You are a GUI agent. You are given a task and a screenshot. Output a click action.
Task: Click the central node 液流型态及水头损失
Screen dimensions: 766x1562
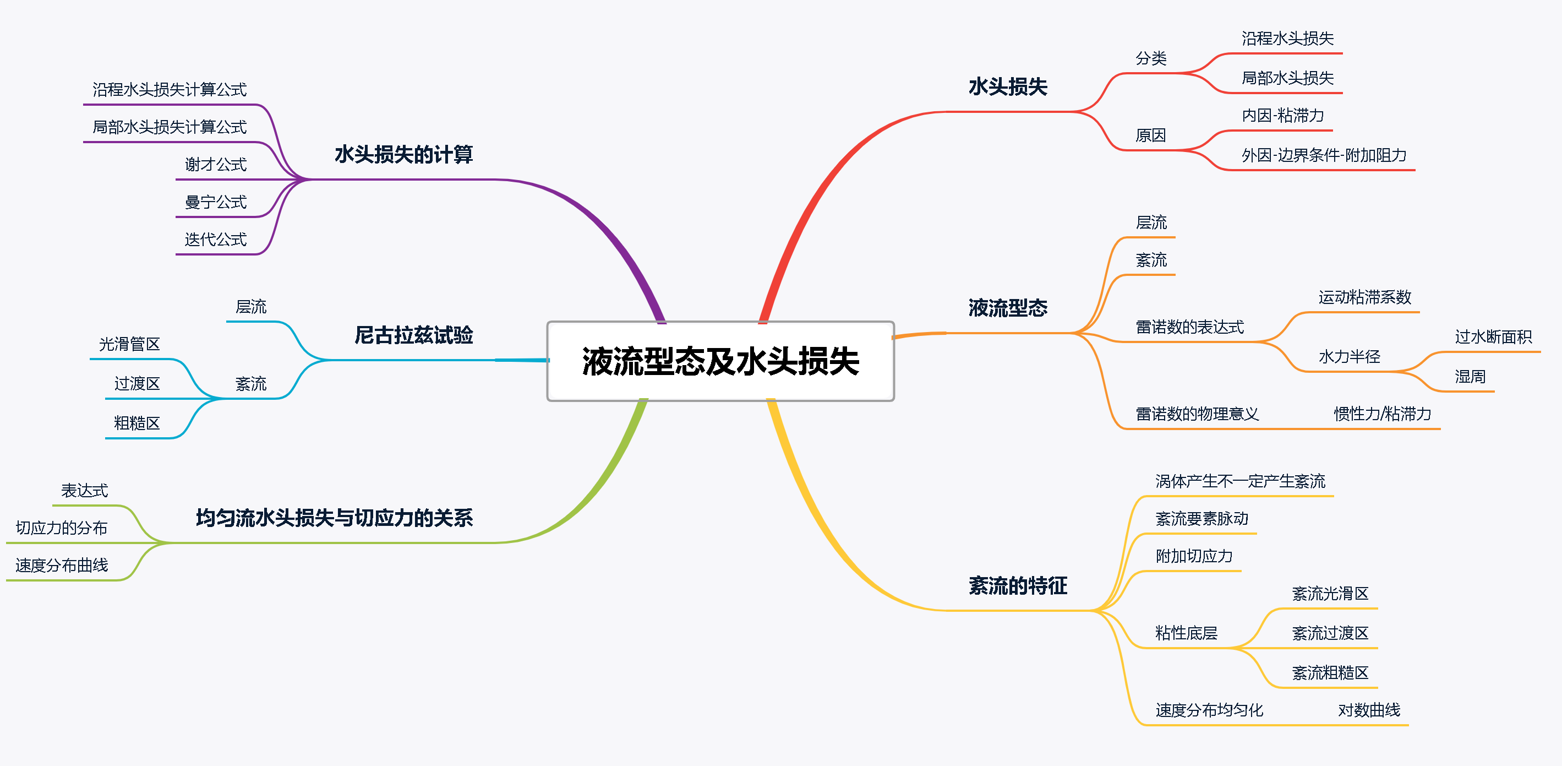click(x=720, y=361)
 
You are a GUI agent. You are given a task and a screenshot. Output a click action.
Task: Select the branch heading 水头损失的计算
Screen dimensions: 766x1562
click(x=403, y=155)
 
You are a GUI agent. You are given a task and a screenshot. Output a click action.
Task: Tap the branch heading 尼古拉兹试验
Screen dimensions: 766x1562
click(x=413, y=335)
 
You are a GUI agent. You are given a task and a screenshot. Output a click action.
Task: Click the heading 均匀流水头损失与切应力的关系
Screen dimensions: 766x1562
click(x=334, y=518)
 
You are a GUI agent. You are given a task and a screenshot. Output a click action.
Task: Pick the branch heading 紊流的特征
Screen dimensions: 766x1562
click(x=1018, y=586)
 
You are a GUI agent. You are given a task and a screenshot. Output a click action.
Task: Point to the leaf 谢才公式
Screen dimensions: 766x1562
click(x=215, y=164)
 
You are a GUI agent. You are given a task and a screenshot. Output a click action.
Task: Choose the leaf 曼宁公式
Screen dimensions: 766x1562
click(x=215, y=202)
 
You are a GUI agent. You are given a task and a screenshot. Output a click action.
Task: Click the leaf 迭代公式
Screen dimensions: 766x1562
click(x=215, y=240)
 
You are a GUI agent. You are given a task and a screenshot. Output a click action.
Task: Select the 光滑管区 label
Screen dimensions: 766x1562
click(x=129, y=345)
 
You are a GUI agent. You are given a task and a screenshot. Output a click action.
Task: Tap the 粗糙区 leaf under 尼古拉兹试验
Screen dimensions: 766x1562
click(x=136, y=423)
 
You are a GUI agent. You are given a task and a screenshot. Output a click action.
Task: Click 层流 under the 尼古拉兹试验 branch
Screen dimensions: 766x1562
click(x=250, y=307)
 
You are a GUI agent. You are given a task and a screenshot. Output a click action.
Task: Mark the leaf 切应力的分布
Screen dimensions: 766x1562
click(x=61, y=528)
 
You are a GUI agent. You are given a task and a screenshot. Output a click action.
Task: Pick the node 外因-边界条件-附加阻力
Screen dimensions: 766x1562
click(x=1324, y=156)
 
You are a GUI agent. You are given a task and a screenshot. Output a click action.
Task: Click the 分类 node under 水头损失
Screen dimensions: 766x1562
click(x=1151, y=58)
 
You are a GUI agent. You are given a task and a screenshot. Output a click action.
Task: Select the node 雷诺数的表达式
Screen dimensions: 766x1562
click(x=1189, y=328)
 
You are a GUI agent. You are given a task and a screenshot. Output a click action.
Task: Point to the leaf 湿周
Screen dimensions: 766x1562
click(x=1470, y=377)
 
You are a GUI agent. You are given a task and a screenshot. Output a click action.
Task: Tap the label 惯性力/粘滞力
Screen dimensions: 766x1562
click(x=1382, y=414)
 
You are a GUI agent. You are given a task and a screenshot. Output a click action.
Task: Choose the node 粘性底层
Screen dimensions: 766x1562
click(x=1186, y=633)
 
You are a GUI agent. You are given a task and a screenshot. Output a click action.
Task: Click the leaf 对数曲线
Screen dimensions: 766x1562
click(x=1369, y=710)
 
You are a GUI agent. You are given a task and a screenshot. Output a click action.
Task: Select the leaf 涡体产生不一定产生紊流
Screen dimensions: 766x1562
click(x=1240, y=481)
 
